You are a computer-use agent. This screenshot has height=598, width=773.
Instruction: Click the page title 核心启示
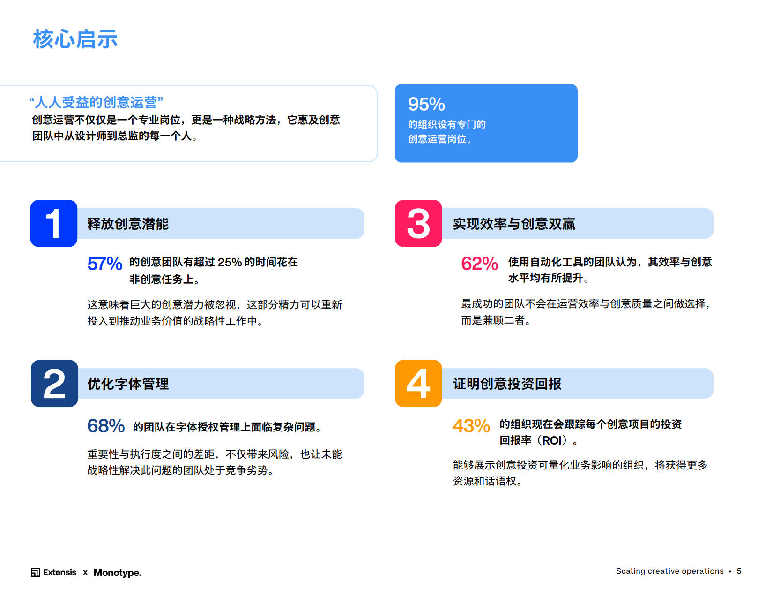tap(75, 39)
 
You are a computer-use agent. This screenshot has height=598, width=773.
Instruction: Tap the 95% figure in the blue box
tap(426, 104)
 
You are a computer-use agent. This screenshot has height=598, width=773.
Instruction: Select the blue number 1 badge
tap(54, 223)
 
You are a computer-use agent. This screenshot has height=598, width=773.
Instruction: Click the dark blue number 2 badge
tap(54, 384)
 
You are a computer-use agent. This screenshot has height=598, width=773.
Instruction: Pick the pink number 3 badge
tap(418, 223)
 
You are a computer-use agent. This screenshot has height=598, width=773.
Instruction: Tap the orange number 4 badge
tap(418, 384)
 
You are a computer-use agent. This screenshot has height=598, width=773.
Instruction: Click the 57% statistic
tap(105, 264)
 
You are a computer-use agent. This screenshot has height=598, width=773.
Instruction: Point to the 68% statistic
tap(106, 425)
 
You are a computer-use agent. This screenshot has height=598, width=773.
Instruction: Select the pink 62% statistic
tap(480, 264)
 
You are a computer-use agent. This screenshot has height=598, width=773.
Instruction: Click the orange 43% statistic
tap(471, 425)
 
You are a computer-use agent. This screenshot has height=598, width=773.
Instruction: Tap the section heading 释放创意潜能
tap(128, 224)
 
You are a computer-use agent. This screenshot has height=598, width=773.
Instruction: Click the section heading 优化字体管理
tap(128, 384)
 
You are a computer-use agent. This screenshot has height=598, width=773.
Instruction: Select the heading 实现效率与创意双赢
tap(514, 224)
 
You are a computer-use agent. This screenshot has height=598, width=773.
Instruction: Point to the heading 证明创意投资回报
tap(507, 384)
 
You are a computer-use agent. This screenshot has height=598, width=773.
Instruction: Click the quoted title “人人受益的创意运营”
tap(96, 102)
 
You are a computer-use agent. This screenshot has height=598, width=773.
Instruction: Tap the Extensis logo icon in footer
tap(35, 572)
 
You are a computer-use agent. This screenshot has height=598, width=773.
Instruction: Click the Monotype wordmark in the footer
tap(118, 572)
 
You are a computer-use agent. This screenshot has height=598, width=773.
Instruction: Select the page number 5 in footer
tap(739, 571)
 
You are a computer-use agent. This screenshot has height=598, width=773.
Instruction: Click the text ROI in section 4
tap(551, 440)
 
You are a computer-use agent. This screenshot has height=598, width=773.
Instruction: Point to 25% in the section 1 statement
tap(230, 262)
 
